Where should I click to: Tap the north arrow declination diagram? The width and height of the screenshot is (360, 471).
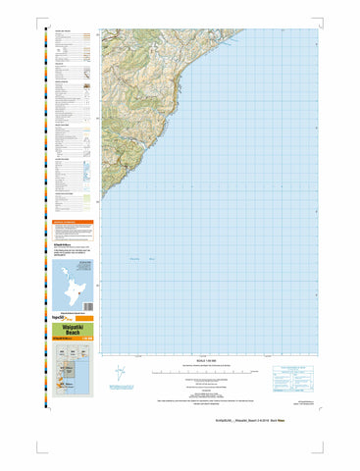pyautogui.click(x=121, y=373)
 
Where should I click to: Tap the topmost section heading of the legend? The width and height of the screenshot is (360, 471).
pyautogui.click(x=64, y=30)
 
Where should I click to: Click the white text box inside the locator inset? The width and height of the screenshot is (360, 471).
pyautogui.click(x=90, y=265)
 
